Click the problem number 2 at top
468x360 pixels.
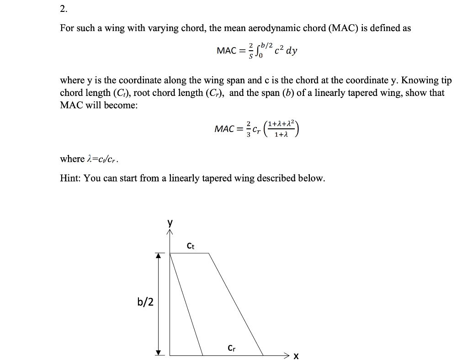63,9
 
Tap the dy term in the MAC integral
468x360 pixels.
291,51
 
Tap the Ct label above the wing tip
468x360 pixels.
191,246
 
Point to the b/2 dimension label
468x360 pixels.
145,302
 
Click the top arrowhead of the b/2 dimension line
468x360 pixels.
159,256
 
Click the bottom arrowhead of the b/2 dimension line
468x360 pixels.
159,352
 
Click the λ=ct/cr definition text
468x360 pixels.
103,159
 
